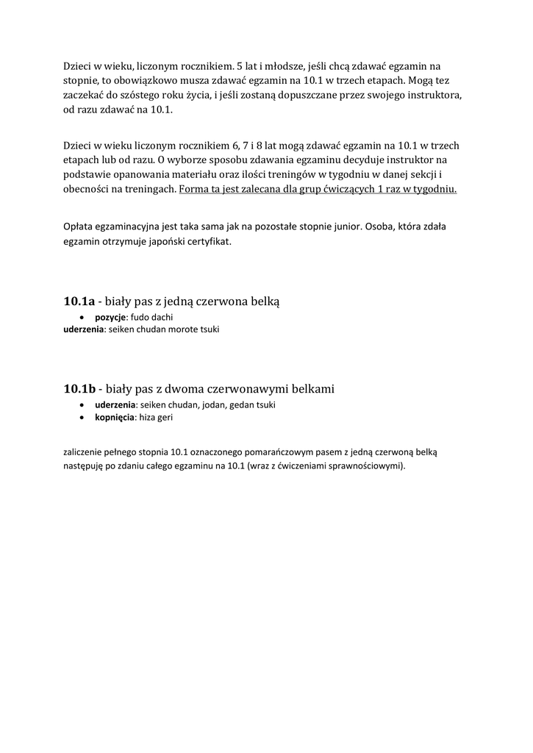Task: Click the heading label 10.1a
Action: point(79,301)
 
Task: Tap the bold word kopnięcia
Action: point(115,417)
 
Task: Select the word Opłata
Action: point(78,226)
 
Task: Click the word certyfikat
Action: point(210,240)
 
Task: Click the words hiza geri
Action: point(156,417)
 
